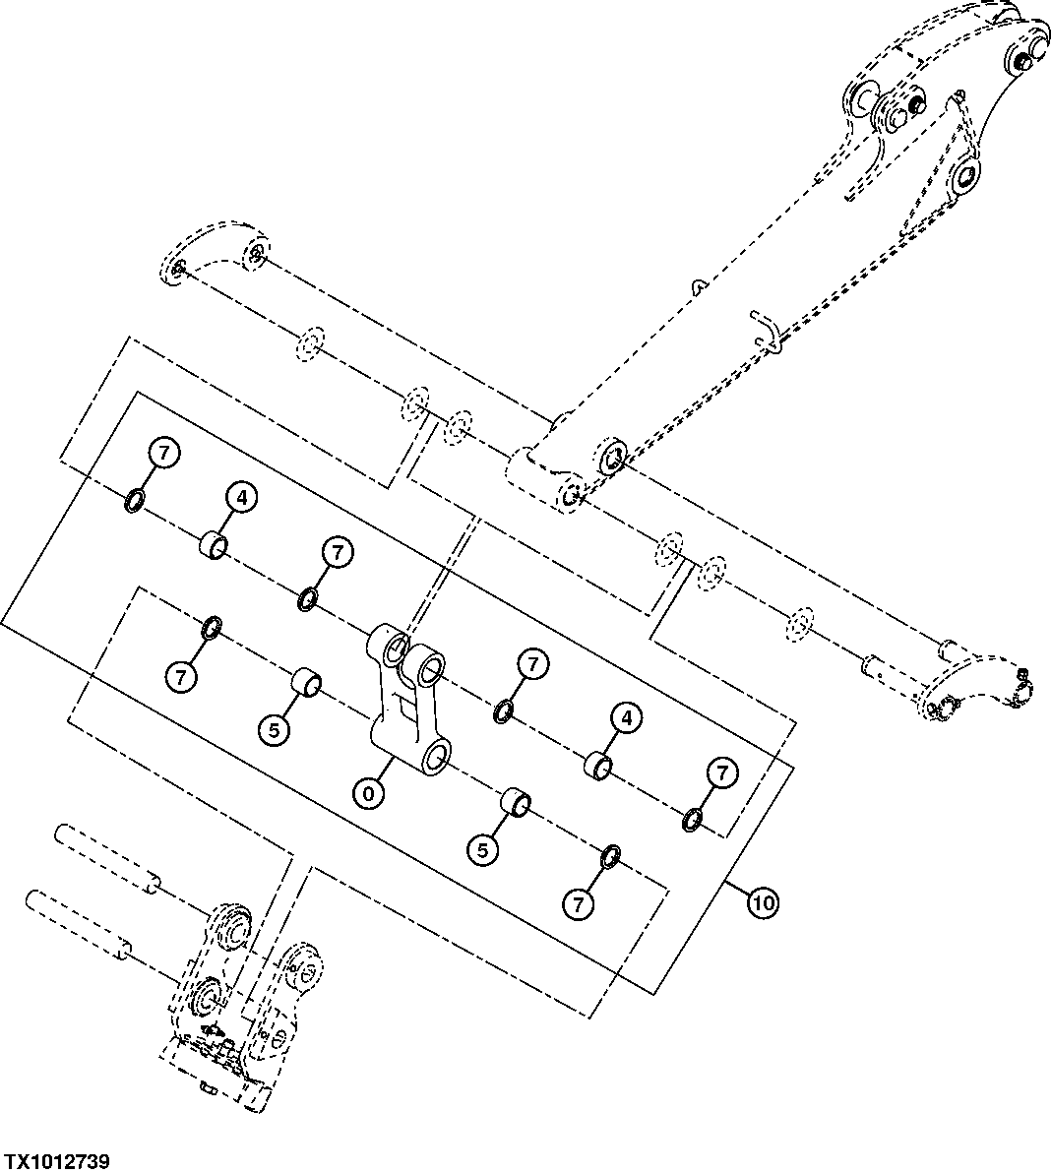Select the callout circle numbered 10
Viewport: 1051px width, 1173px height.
pyautogui.click(x=764, y=899)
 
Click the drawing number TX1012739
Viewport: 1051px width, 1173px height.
pyautogui.click(x=56, y=1161)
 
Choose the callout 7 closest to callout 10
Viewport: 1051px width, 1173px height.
pyautogui.click(x=722, y=773)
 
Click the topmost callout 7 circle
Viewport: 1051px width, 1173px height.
pyautogui.click(x=164, y=454)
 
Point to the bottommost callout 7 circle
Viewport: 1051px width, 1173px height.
pyautogui.click(x=579, y=903)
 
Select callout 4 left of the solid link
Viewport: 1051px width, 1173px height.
pyautogui.click(x=244, y=498)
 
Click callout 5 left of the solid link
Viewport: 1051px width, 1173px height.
pyautogui.click(x=274, y=729)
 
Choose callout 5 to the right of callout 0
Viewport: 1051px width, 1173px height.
pyautogui.click(x=482, y=850)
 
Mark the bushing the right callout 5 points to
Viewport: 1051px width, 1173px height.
pyautogui.click(x=516, y=802)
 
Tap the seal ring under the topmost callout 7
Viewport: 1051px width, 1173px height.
pyautogui.click(x=135, y=503)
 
